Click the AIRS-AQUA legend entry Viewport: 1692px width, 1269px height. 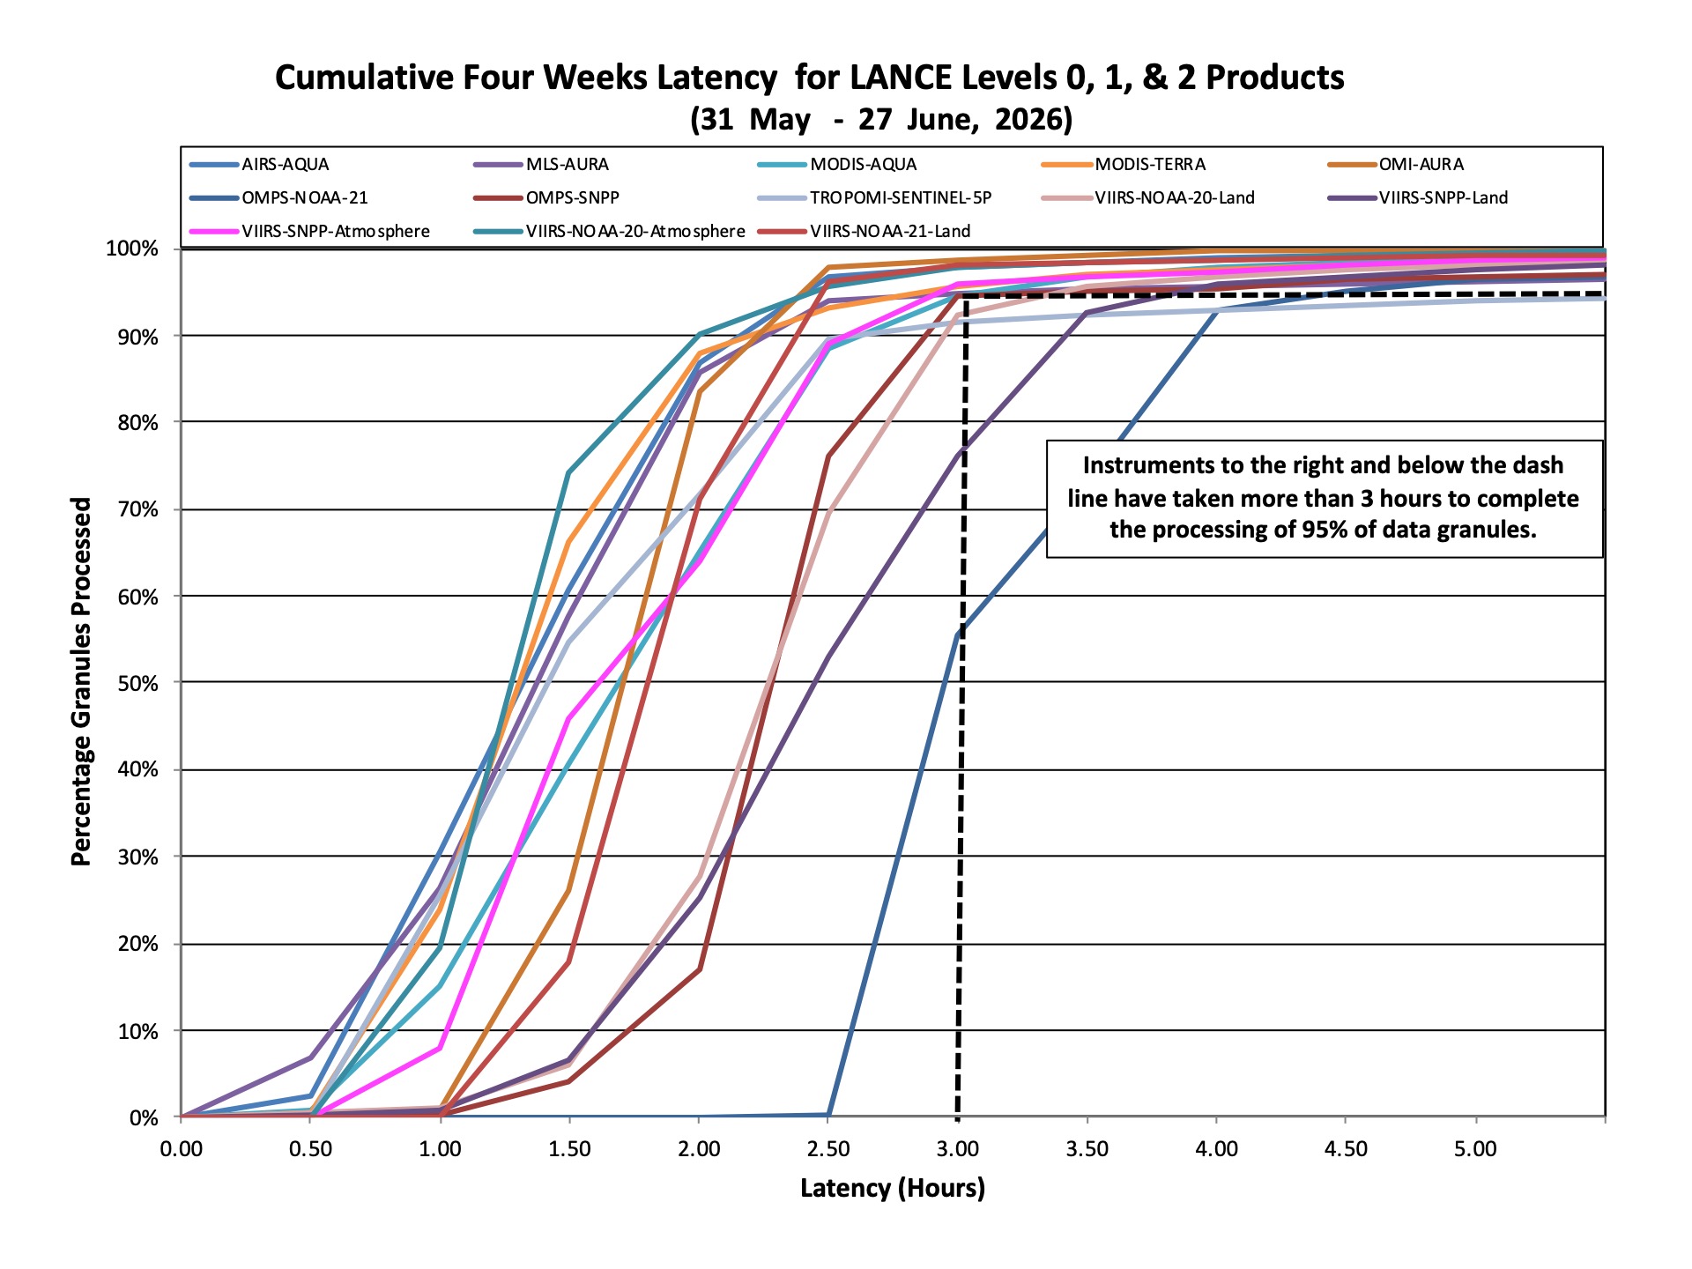point(259,165)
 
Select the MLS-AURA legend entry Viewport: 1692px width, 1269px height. point(541,165)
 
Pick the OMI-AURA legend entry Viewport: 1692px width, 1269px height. point(1396,165)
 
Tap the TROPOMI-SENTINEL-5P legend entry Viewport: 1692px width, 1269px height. point(874,198)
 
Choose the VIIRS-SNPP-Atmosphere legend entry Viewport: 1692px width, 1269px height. point(309,232)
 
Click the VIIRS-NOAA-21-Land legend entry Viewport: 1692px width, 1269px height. point(864,232)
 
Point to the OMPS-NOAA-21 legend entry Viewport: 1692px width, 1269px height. point(278,198)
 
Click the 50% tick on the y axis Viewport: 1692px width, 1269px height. point(137,684)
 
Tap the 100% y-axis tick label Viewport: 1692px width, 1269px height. point(132,249)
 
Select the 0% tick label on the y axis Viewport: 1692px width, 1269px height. point(144,1118)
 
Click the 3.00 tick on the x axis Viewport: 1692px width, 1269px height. point(958,1150)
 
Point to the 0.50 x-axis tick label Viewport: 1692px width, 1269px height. point(310,1150)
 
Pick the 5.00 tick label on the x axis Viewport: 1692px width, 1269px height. point(1475,1150)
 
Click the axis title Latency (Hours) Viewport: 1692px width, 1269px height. point(893,1189)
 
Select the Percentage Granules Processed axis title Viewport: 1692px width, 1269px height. point(81,682)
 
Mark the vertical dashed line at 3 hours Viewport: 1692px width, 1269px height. point(961,706)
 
